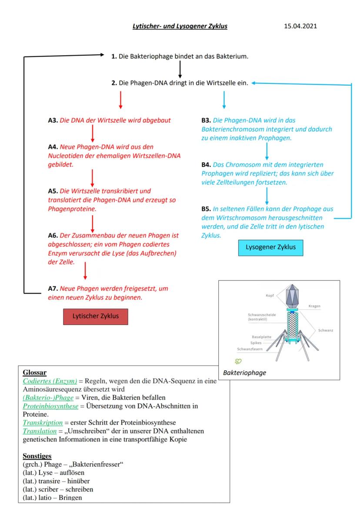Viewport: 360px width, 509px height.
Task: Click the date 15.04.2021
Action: click(x=300, y=27)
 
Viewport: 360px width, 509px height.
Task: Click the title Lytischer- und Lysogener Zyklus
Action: click(x=180, y=27)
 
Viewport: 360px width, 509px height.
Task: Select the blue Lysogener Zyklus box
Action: click(x=271, y=247)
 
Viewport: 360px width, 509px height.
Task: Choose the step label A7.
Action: click(x=53, y=289)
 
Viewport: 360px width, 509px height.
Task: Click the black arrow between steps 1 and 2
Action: click(x=180, y=70)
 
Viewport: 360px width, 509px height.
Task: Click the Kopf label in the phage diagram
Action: click(x=270, y=296)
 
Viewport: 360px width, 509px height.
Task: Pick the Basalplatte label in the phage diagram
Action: click(x=262, y=337)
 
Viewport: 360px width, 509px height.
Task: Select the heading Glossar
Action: click(x=34, y=373)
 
